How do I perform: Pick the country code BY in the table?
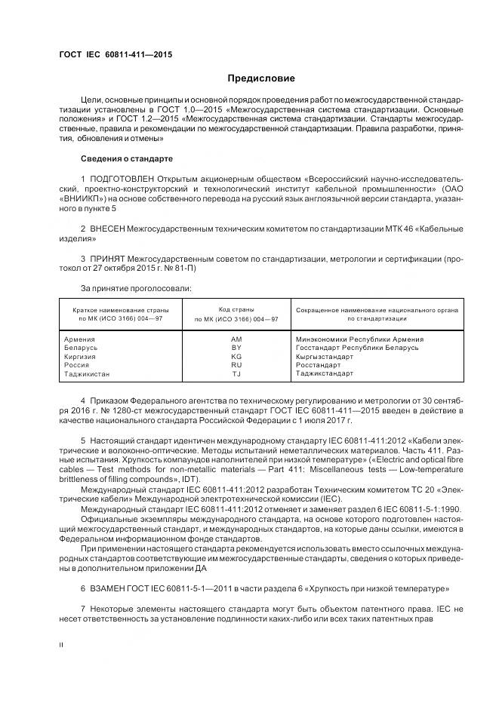coord(236,348)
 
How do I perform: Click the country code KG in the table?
coord(236,356)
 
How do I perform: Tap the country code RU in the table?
coord(236,365)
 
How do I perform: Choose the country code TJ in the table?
coord(236,373)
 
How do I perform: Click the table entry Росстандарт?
coord(319,365)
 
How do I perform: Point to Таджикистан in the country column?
coord(88,373)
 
